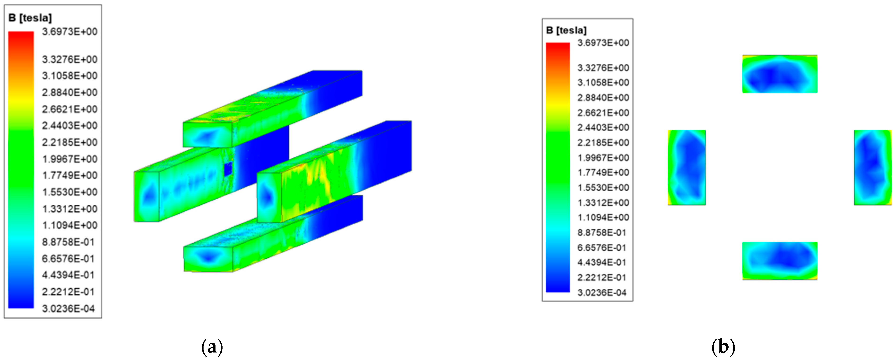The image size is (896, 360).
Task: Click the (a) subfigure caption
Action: pos(212,347)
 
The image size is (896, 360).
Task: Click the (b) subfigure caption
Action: pos(723,347)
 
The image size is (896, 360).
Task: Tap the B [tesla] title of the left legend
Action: pos(30,18)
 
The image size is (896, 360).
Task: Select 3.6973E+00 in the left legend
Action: pos(70,32)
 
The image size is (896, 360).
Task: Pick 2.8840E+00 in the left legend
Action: pos(70,93)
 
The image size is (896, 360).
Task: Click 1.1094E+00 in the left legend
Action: pos(70,225)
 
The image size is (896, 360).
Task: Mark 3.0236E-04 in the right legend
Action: pos(602,292)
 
